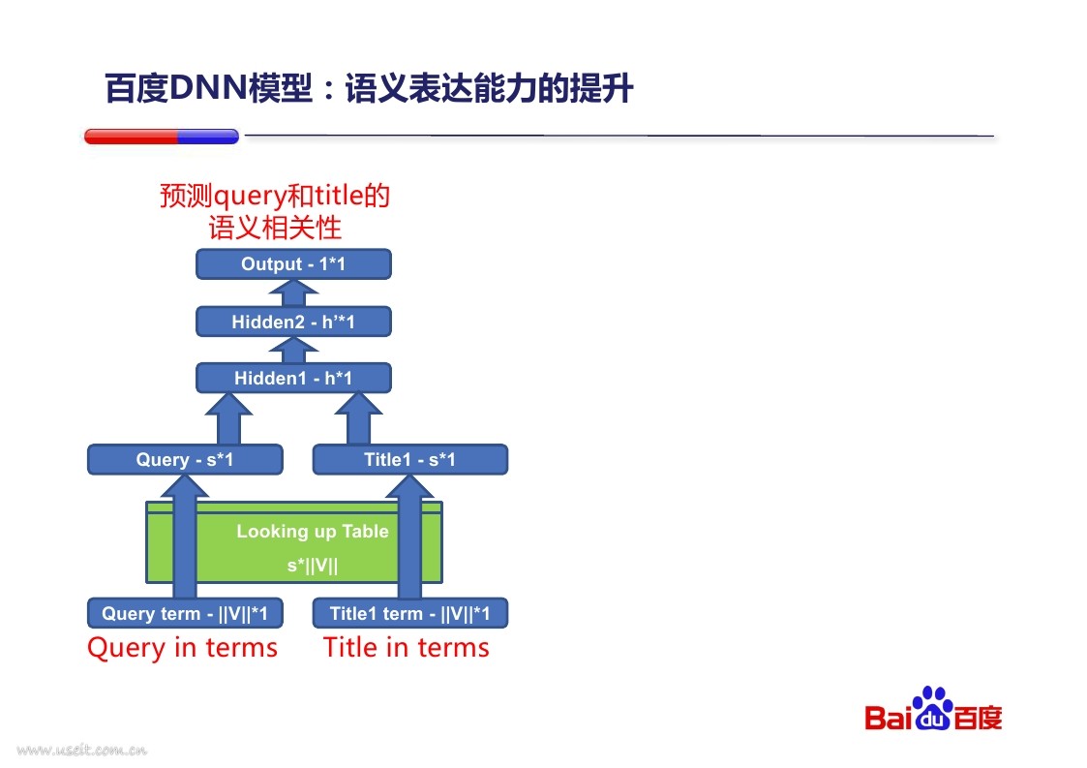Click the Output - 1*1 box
[293, 264]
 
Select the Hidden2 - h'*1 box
[293, 322]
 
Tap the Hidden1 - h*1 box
[293, 378]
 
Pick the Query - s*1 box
[185, 459]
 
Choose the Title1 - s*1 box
[410, 459]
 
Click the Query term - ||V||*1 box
[185, 613]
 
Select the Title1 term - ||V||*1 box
[410, 613]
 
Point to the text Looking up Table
[313, 532]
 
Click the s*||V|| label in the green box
[313, 566]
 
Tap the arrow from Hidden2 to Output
[293, 292]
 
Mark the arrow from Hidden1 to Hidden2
[293, 350]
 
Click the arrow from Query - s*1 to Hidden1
[228, 418]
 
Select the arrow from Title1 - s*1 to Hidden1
[358, 418]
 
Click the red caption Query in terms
[182, 648]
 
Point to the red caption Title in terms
[407, 647]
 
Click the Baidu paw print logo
[932, 708]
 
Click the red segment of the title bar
[131, 137]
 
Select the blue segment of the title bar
[209, 137]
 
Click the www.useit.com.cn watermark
[82, 750]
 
